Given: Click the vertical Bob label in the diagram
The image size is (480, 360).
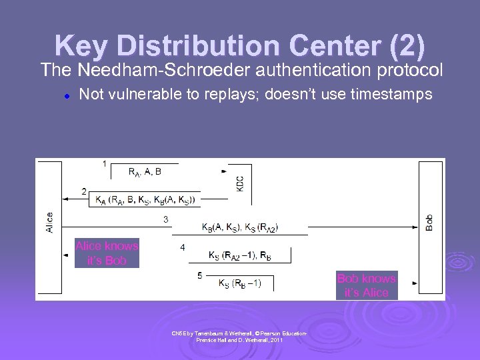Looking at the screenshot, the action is coord(429,222).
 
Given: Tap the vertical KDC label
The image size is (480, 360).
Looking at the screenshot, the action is coord(240,183).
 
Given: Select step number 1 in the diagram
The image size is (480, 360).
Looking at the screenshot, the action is coord(104,163).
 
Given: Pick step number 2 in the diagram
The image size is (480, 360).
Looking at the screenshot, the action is coord(84,191).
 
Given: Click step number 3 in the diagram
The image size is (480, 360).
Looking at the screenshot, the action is coord(166,219).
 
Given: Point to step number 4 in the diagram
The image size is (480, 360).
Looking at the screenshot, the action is coord(183,247).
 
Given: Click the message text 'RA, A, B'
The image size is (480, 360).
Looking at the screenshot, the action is coord(145,172).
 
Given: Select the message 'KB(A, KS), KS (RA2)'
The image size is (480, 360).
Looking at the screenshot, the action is coord(240,227).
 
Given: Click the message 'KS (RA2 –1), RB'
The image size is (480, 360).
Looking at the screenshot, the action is coord(239,255).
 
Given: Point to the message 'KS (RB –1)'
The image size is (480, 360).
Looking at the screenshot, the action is coord(240,283).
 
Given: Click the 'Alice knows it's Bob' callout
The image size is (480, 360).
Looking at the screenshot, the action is coord(107,253).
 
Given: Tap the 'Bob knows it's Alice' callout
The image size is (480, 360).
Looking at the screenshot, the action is coord(367,285).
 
